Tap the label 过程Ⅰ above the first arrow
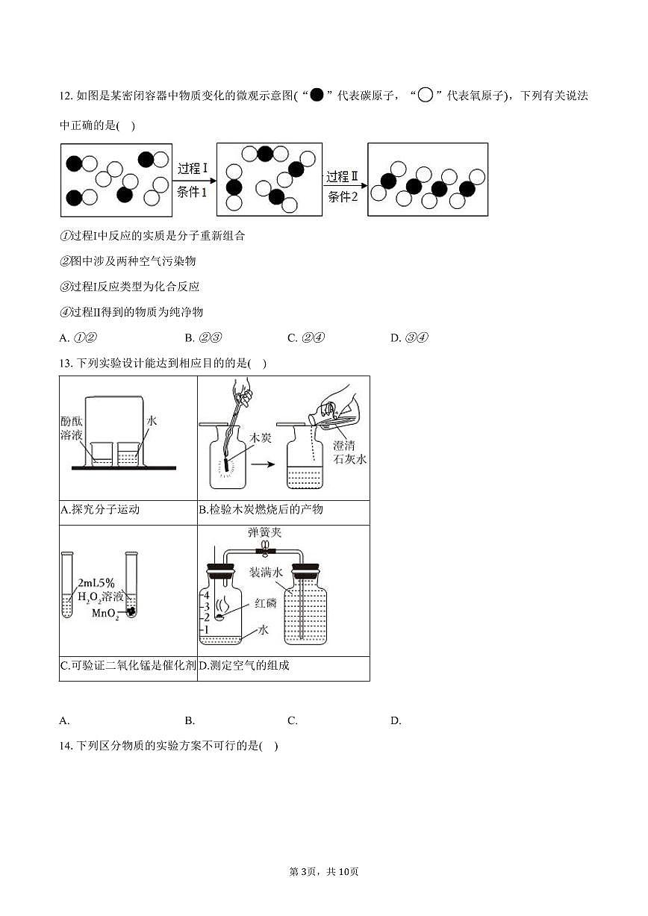click(193, 168)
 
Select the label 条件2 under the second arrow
click(343, 196)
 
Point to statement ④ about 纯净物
click(131, 311)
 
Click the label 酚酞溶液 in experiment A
click(75, 428)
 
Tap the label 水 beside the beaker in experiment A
click(152, 421)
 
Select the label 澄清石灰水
click(350, 452)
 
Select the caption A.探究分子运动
click(99, 510)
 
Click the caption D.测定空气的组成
click(244, 666)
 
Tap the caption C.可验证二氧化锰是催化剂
click(128, 666)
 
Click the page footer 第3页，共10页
click(324, 872)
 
